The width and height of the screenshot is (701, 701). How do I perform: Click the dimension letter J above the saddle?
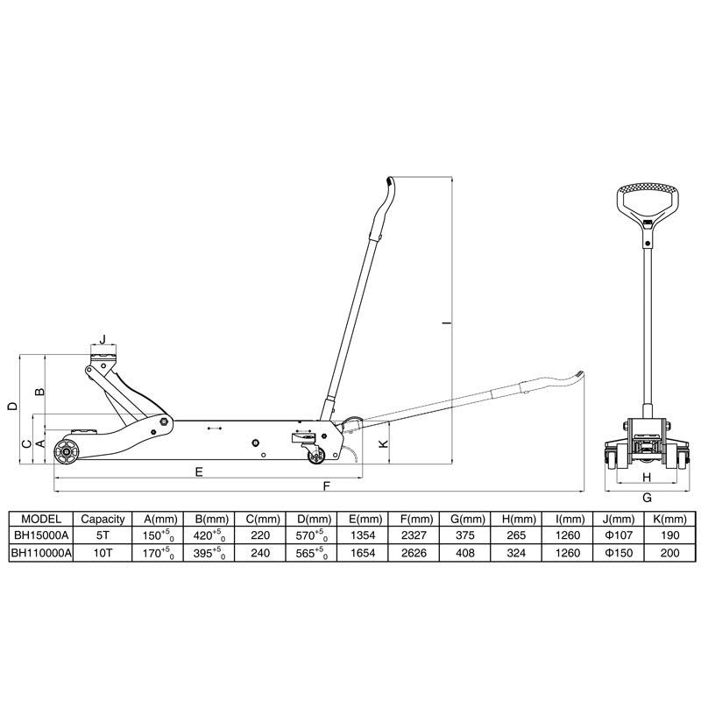point(102,337)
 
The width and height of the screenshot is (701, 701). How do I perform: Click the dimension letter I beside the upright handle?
point(446,325)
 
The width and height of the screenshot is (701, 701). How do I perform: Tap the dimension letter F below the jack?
point(327,485)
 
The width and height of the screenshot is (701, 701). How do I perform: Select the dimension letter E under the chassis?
point(199,471)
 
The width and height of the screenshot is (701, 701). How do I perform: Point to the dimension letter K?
point(381,443)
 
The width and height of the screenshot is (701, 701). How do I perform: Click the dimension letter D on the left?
point(11,406)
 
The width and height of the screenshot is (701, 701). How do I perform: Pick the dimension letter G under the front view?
point(647,497)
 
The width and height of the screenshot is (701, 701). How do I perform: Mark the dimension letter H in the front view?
point(647,477)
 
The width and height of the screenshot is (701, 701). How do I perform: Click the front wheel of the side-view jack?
point(64,453)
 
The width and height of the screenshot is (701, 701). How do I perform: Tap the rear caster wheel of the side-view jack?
point(314,454)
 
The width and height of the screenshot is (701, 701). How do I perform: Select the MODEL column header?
point(39,518)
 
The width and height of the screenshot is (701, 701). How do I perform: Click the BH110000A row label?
point(39,553)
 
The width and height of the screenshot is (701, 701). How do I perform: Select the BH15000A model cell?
point(39,535)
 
